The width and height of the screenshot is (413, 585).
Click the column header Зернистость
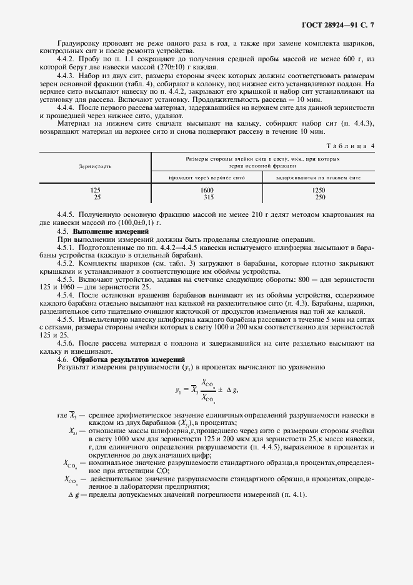coord(95,167)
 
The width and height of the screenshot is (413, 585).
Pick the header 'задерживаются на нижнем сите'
coord(319,178)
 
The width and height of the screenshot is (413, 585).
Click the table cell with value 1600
coord(207,190)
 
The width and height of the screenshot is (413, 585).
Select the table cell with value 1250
coord(319,190)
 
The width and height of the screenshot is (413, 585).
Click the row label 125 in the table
coord(95,190)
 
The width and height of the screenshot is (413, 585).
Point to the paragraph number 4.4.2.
coord(66,59)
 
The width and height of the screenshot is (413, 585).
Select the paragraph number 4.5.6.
coord(66,344)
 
